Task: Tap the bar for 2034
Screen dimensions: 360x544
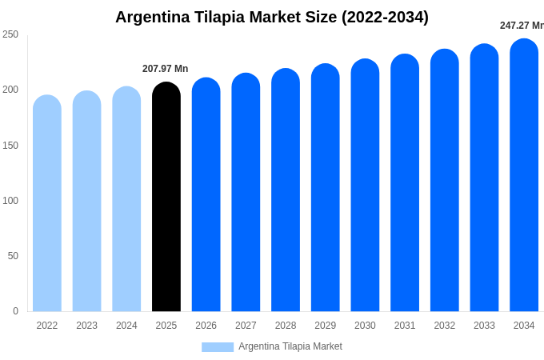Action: click(524, 175)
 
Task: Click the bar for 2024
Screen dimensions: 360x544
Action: click(126, 199)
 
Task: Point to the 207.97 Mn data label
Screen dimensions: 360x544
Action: click(166, 69)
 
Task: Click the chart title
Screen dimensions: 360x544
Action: click(272, 17)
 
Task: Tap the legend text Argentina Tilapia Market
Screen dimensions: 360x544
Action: click(290, 346)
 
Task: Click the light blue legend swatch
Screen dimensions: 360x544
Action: click(218, 347)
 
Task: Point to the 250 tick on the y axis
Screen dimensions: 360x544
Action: click(10, 34)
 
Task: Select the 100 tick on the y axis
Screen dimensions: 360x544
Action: click(10, 201)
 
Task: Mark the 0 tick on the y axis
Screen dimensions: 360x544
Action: click(15, 311)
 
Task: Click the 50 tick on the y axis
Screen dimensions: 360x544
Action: click(13, 256)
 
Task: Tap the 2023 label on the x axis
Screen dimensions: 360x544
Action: click(86, 326)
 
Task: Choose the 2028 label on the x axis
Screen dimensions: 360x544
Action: click(286, 326)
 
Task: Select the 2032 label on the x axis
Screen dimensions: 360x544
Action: click(445, 326)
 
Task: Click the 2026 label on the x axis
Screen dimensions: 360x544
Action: click(206, 326)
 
